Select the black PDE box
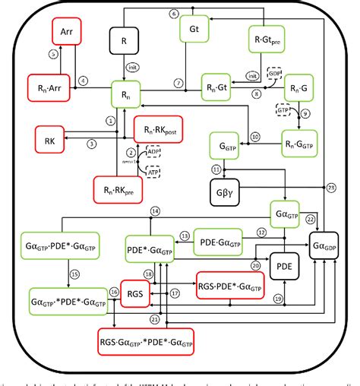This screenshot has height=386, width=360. pyautogui.click(x=282, y=267)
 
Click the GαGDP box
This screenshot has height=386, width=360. pyautogui.click(x=327, y=248)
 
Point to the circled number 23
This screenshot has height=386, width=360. pyautogui.click(x=331, y=187)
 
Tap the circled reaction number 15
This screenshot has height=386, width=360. pyautogui.click(x=53, y=274)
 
